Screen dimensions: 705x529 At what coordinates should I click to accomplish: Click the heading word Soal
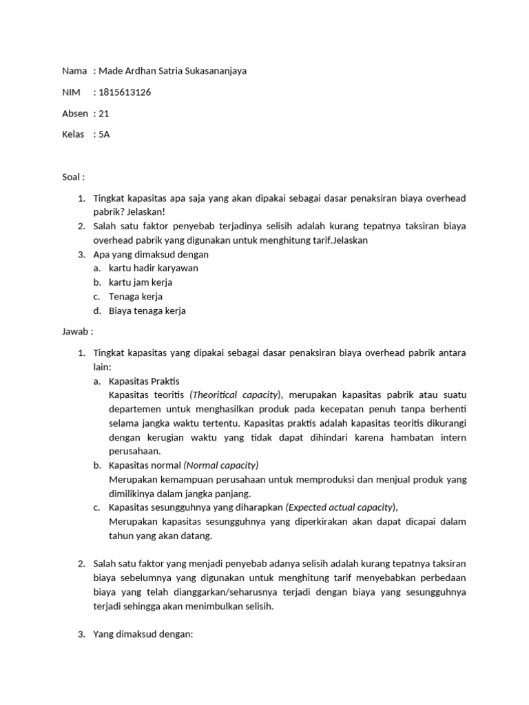tap(71, 177)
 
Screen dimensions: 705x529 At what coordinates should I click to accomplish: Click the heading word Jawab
tap(74, 331)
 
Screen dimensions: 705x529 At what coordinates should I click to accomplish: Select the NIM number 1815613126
tap(125, 92)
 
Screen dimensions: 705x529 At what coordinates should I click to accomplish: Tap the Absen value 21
tap(105, 114)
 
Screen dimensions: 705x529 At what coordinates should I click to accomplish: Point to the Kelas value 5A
tap(104, 134)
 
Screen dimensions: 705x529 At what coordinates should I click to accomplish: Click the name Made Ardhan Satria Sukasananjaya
tap(173, 71)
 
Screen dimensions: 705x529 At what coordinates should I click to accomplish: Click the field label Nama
tap(74, 71)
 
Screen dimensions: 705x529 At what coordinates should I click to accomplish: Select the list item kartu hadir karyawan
tap(148, 269)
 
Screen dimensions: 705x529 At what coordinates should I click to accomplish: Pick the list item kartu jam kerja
tap(141, 282)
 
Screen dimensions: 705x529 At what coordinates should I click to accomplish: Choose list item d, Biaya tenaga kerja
tap(147, 311)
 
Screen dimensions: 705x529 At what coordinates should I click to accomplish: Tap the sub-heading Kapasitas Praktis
tap(144, 381)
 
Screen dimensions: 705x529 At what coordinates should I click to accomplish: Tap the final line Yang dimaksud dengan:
tap(144, 634)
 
